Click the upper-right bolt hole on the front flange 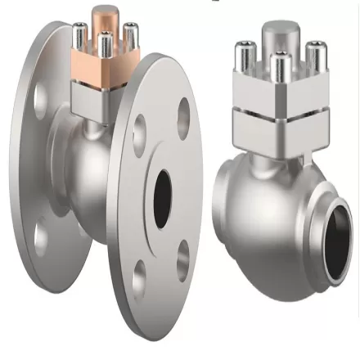[183, 114]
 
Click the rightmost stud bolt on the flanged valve [129, 37]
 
